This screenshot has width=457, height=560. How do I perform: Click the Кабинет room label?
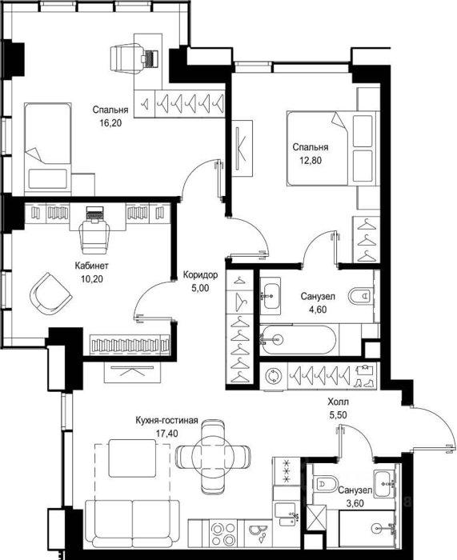(91, 266)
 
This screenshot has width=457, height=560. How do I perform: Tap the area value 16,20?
(110, 123)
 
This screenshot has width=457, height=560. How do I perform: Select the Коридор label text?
(200, 275)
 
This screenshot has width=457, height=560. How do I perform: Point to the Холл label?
(338, 402)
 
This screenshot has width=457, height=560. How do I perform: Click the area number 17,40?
(166, 434)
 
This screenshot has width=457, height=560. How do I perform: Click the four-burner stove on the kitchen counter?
(223, 534)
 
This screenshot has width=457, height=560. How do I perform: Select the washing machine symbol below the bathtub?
(274, 376)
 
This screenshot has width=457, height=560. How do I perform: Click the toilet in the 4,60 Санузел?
(359, 296)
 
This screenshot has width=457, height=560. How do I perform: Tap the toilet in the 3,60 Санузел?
(327, 484)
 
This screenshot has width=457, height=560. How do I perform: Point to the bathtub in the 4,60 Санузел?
(298, 339)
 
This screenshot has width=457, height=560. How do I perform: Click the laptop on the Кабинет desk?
(95, 214)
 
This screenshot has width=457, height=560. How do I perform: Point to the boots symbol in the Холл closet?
(363, 382)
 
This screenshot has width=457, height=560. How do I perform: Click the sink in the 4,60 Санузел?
(271, 296)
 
